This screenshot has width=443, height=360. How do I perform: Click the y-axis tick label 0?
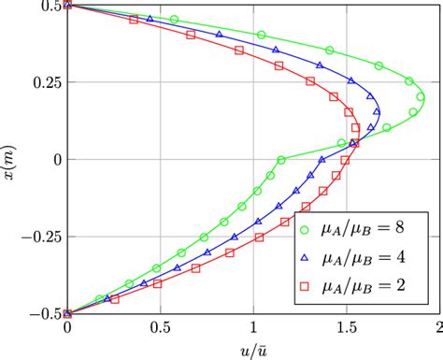coord(54,159)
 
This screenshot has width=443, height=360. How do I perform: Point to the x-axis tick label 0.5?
coord(160,328)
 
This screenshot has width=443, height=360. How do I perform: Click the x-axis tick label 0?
coord(67,328)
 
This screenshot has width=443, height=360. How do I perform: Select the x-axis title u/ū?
coord(253,350)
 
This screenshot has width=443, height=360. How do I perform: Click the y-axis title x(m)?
coord(12,159)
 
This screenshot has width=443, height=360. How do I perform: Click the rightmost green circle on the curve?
coord(421,96)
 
